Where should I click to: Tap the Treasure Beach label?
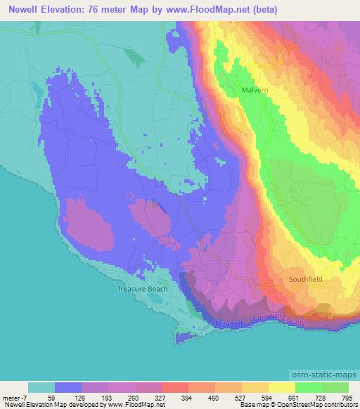tap(137, 289)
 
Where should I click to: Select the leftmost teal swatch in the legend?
tap(41, 388)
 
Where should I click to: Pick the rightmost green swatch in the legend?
tap(335, 388)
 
